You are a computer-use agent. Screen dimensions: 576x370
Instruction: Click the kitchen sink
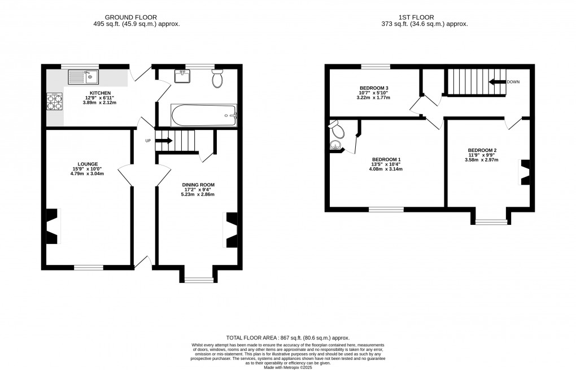(x=83, y=77)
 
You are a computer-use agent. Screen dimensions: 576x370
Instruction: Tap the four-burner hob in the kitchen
(x=54, y=102)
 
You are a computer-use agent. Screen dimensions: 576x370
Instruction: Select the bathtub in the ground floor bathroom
(x=204, y=115)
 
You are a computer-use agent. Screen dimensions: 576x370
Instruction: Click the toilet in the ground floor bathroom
(x=217, y=78)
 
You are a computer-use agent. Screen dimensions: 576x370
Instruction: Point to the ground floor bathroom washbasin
(x=182, y=76)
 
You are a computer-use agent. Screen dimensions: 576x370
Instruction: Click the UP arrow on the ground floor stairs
(x=164, y=141)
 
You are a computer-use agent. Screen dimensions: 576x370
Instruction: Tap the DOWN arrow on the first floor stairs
(x=497, y=82)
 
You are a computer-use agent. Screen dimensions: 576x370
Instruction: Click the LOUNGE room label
(x=88, y=164)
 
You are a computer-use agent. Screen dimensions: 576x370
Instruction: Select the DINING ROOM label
(x=198, y=185)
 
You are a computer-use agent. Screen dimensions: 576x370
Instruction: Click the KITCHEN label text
(x=101, y=93)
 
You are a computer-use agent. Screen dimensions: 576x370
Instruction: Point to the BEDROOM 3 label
(x=374, y=88)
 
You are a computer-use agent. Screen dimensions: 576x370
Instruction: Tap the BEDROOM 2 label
(x=482, y=150)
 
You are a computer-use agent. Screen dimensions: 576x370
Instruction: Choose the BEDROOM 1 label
(x=386, y=160)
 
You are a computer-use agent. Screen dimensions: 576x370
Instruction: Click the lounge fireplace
(x=53, y=226)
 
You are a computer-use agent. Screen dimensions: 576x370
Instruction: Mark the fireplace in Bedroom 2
(x=524, y=172)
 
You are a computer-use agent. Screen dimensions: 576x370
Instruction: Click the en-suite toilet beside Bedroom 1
(x=337, y=129)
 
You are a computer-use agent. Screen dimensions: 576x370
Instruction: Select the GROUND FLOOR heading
(x=131, y=18)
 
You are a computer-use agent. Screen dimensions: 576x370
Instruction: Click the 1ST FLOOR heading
(x=416, y=18)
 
